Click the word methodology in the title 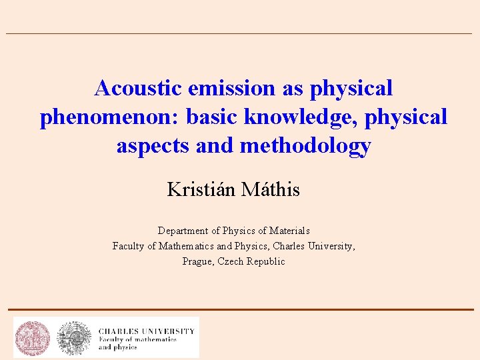pos(305,146)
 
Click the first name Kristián pos(201,190)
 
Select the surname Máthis pos(271,190)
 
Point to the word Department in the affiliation pos(183,231)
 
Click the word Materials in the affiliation pos(288,231)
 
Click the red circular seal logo pos(33,337)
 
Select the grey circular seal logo pos(74,337)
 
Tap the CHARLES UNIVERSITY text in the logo pos(147,331)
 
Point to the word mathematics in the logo pos(154,339)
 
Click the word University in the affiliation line pos(330,246)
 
